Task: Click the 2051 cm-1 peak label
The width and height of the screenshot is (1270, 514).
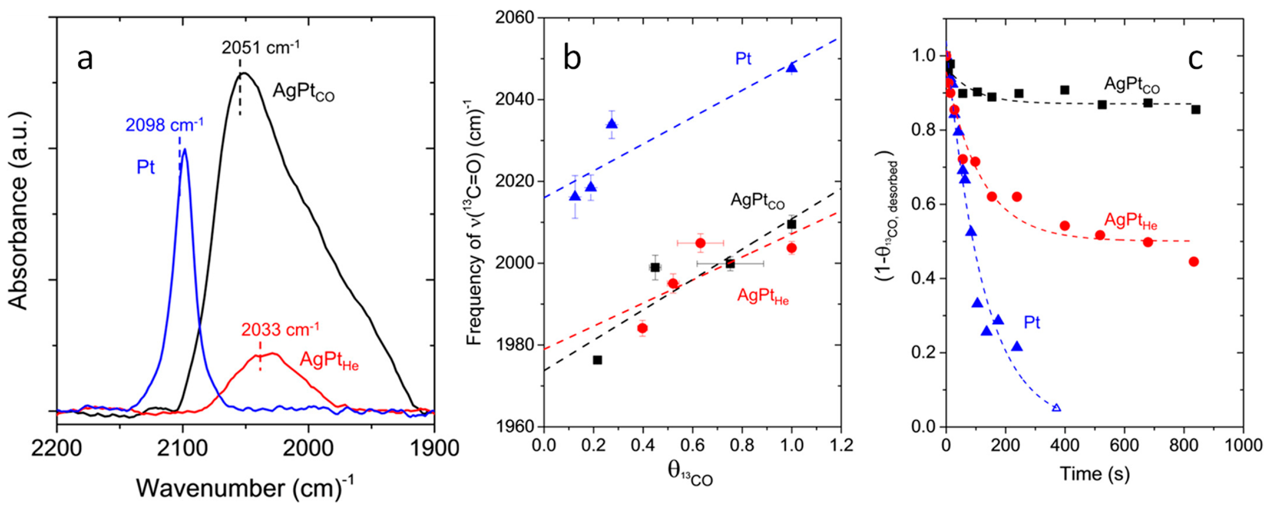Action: (x=260, y=48)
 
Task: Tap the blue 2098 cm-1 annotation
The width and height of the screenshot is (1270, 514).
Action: (x=164, y=125)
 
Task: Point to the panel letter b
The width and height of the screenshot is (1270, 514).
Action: (x=572, y=58)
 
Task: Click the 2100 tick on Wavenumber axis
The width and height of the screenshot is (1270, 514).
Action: (x=183, y=449)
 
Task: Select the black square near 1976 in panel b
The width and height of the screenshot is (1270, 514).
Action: (x=598, y=360)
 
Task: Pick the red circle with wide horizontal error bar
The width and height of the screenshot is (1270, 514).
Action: (x=700, y=242)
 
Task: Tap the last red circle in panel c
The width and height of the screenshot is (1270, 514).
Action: (x=1194, y=262)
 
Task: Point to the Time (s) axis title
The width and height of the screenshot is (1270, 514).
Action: (x=1094, y=474)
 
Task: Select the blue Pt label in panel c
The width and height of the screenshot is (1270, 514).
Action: (x=1032, y=323)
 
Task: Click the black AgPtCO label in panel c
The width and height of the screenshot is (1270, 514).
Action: (x=1131, y=85)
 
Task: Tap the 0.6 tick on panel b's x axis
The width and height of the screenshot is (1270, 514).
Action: (x=692, y=446)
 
